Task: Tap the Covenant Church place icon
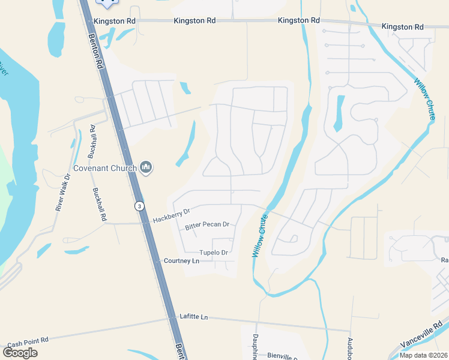pos(145,167)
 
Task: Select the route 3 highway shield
pos(139,206)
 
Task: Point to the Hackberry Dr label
pos(170,215)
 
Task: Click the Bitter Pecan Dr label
pos(207,225)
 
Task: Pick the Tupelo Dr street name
pos(214,253)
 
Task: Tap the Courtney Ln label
pos(181,261)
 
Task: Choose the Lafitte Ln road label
pos(193,316)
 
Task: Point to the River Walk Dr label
pos(63,192)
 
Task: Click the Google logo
pos(20,352)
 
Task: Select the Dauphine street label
pos(255,347)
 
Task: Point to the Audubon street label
pos(351,348)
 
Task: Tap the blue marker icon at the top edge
pos(107,3)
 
